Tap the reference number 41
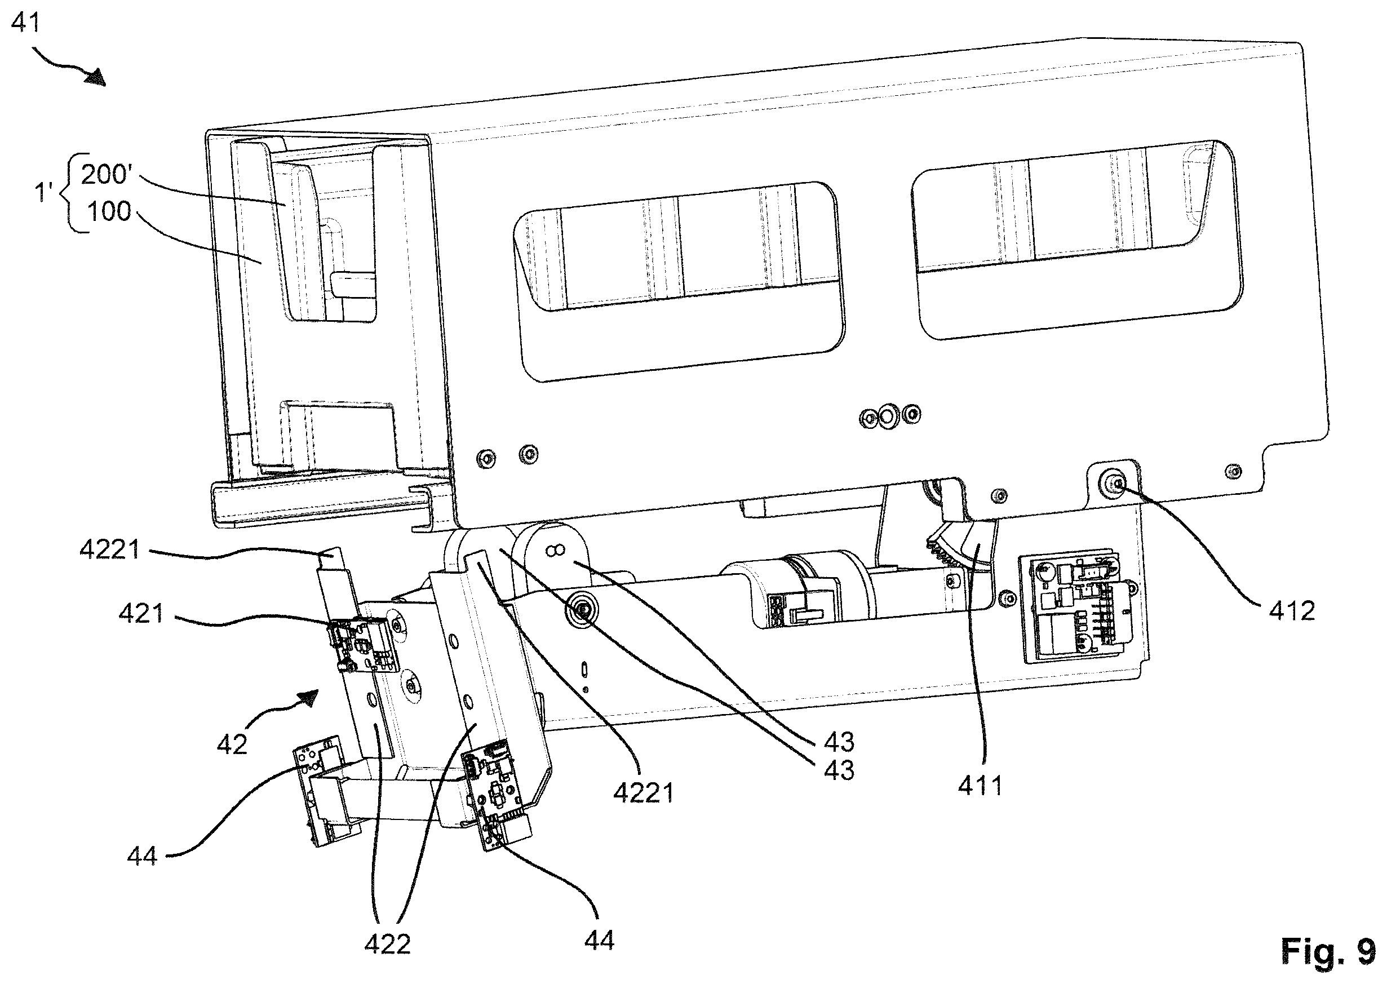(26, 23)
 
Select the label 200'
(107, 175)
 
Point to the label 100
(109, 211)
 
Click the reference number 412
(1292, 611)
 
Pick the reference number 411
(981, 786)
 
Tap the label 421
(141, 614)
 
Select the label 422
(387, 944)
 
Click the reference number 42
(232, 744)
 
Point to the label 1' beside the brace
(44, 193)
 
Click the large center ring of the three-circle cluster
(888, 416)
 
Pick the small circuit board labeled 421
(363, 645)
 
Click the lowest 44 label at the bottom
(599, 940)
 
